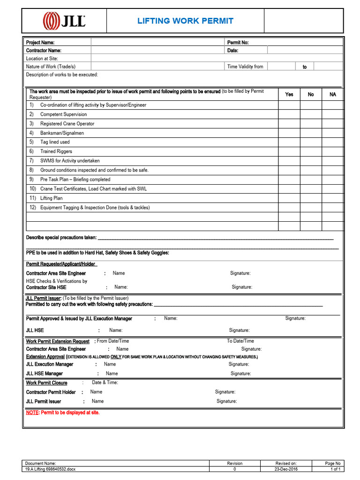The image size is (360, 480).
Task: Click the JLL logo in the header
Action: pos(64,21)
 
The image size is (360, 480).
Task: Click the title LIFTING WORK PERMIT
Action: pos(185,21)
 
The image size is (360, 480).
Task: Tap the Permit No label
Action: pos(238,43)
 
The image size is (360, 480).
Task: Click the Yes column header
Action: pos(289,94)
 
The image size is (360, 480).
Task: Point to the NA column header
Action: pos(333,94)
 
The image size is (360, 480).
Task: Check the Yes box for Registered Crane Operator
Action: pos(289,124)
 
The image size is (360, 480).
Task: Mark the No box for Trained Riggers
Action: pos(311,151)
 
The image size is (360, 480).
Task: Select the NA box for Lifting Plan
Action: pos(333,198)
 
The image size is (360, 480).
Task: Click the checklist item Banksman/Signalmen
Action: pos(62,133)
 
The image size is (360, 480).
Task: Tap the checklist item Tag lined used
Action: pos(55,142)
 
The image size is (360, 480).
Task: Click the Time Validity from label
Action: pos(245,67)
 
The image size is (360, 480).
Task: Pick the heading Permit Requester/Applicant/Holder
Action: pos(61,264)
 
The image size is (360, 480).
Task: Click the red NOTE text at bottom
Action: pos(62,413)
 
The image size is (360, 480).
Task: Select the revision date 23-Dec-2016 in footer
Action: pos(286,469)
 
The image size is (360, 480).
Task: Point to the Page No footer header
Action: pos(333,463)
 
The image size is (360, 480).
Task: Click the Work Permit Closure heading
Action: pos(46,383)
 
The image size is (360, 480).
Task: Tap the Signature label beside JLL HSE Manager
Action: pos(240,374)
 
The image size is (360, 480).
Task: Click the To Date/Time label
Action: pos(240,341)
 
